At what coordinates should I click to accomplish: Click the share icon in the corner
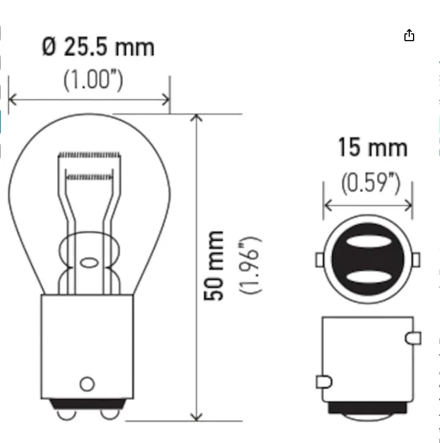click(x=409, y=35)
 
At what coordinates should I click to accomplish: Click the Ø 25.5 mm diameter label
click(x=98, y=47)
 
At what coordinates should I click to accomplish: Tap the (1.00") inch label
click(x=93, y=80)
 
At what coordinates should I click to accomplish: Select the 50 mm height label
click(x=214, y=266)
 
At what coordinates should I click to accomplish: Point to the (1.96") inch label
click(x=250, y=266)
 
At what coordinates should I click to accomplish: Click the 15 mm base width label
click(x=373, y=147)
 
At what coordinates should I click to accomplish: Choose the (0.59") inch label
click(x=371, y=183)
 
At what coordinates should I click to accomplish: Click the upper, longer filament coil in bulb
click(x=89, y=155)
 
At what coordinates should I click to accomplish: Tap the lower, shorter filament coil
click(x=89, y=177)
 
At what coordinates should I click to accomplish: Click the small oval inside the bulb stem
click(x=89, y=263)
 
